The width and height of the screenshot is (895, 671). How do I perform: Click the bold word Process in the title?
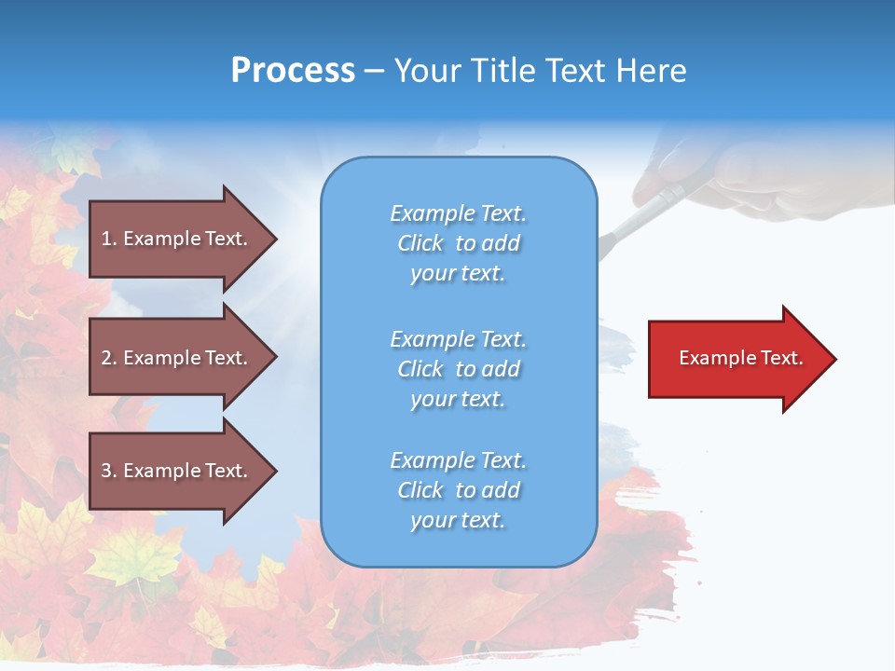pos(293,70)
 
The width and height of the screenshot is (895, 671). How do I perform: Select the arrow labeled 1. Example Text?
pos(177,239)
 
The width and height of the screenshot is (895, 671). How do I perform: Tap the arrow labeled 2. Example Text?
pos(177,358)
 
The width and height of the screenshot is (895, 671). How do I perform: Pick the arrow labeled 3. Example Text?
pos(177,471)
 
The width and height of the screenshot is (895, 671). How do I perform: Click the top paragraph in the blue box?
pos(458,243)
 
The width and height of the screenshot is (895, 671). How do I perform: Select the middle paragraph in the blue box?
pos(458,369)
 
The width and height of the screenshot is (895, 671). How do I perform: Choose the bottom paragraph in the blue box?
pos(458,490)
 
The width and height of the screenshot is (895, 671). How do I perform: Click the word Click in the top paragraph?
pos(420,243)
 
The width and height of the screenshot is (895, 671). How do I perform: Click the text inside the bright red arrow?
pos(740,358)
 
